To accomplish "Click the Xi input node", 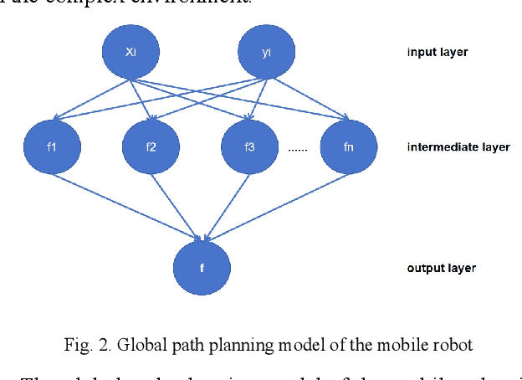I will tap(130, 52).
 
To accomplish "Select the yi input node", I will tap(266, 52).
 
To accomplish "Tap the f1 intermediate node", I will tap(52, 146).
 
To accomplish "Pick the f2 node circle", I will tap(151, 146).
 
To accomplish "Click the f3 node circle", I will tap(249, 146).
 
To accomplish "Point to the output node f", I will tap(202, 269).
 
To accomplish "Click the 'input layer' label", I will tap(437, 53).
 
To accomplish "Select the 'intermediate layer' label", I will tap(458, 147).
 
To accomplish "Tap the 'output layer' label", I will tap(441, 269).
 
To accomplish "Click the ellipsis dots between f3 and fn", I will tap(298, 150).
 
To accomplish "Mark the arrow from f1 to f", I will tap(125, 200).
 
